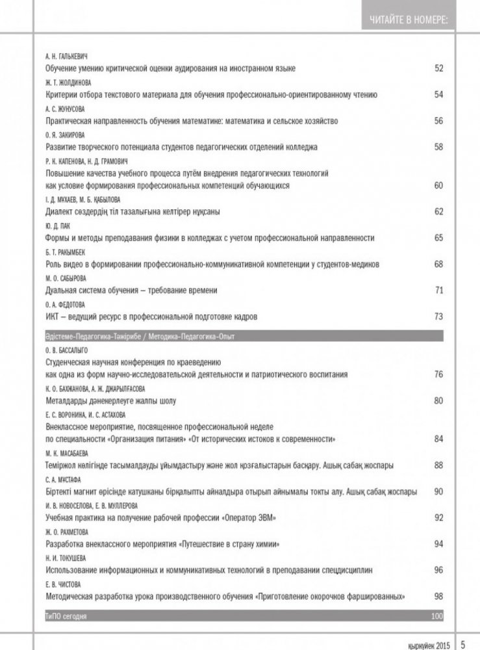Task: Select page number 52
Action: click(x=438, y=68)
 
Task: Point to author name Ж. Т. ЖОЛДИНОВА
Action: click(x=68, y=83)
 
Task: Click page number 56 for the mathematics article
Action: click(x=438, y=121)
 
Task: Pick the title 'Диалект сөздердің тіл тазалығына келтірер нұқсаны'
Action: click(x=137, y=211)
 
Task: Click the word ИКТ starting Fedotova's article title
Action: click(x=53, y=317)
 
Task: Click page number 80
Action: click(x=438, y=400)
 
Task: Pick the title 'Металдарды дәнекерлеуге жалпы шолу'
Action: click(x=111, y=400)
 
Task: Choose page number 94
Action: click(x=438, y=543)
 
